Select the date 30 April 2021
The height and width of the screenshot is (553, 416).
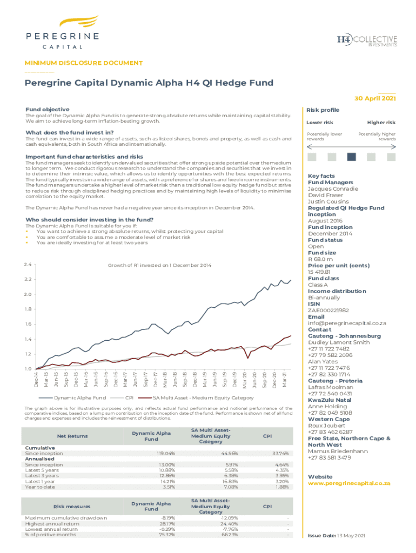[x=375, y=98]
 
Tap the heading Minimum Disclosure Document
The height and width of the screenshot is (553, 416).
[x=84, y=63]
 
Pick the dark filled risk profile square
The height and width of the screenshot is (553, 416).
[x=352, y=157]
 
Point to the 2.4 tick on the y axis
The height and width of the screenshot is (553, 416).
[x=28, y=265]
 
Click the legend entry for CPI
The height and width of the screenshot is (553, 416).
[x=129, y=398]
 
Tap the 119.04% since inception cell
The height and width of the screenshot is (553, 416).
[x=164, y=454]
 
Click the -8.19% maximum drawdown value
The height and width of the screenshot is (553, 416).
[x=167, y=518]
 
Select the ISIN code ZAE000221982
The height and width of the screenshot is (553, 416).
[x=328, y=311]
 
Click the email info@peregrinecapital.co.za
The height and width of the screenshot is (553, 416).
[x=347, y=323]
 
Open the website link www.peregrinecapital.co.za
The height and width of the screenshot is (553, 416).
[x=348, y=483]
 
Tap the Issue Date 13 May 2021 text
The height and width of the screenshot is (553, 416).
[x=337, y=536]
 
